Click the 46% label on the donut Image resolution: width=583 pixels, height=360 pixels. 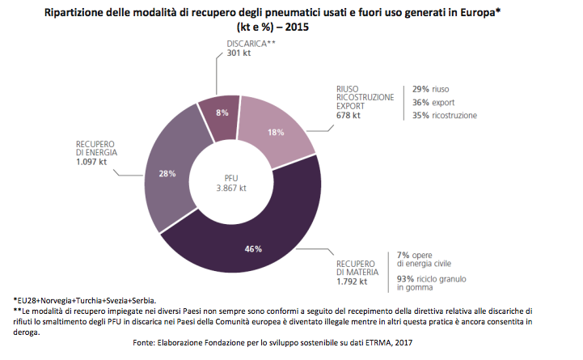(x=253, y=248)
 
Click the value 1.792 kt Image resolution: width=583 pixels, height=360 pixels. (x=352, y=282)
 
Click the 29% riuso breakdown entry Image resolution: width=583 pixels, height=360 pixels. (x=430, y=88)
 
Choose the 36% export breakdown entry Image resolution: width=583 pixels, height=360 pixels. (x=433, y=102)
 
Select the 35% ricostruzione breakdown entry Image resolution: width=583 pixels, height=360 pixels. (x=444, y=116)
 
